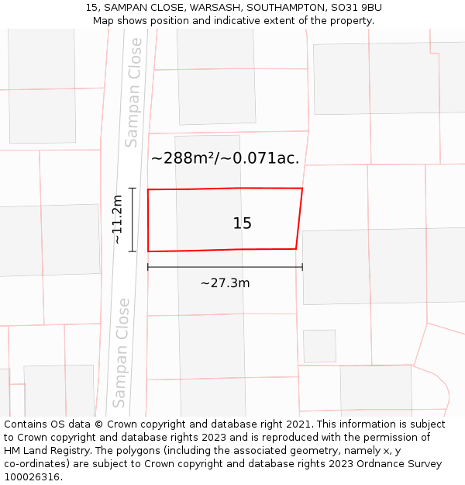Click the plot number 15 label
(x=242, y=223)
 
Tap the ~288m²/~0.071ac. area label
(x=225, y=158)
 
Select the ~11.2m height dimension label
(x=117, y=220)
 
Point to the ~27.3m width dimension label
(x=225, y=283)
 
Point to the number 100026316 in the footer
(x=32, y=476)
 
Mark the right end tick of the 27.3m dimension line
(x=302, y=267)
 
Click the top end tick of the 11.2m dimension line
(x=133, y=189)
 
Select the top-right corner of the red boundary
(x=302, y=189)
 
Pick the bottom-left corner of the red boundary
(x=148, y=251)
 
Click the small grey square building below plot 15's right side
(x=319, y=346)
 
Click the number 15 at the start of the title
(x=92, y=8)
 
